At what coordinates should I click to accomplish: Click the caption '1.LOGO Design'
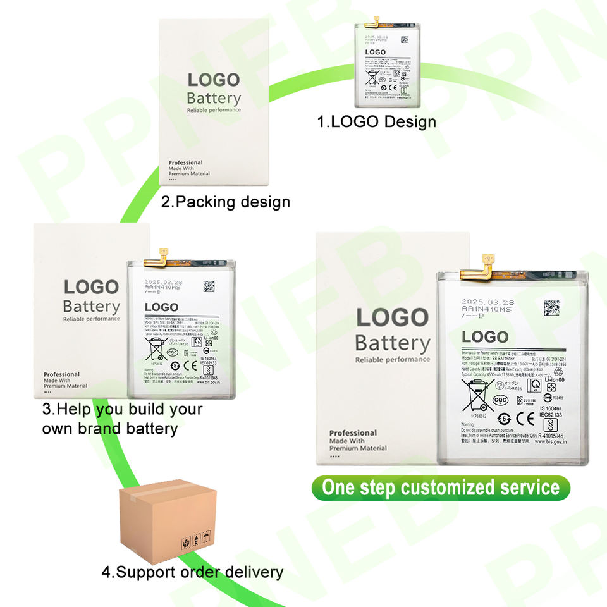point(377,121)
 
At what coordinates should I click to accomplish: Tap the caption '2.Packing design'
point(226,202)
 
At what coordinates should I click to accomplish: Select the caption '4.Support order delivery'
point(192,573)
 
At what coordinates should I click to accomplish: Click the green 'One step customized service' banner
point(441,488)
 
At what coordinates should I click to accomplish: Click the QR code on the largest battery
point(551,308)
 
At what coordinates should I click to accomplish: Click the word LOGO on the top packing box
point(214,80)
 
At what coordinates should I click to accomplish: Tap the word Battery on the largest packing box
point(392,343)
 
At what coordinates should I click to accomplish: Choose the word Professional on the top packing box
point(185,163)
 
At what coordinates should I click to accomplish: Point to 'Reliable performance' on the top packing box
point(214,111)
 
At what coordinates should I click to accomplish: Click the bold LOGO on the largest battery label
point(484,337)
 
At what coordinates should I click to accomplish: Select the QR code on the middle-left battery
point(209,286)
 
